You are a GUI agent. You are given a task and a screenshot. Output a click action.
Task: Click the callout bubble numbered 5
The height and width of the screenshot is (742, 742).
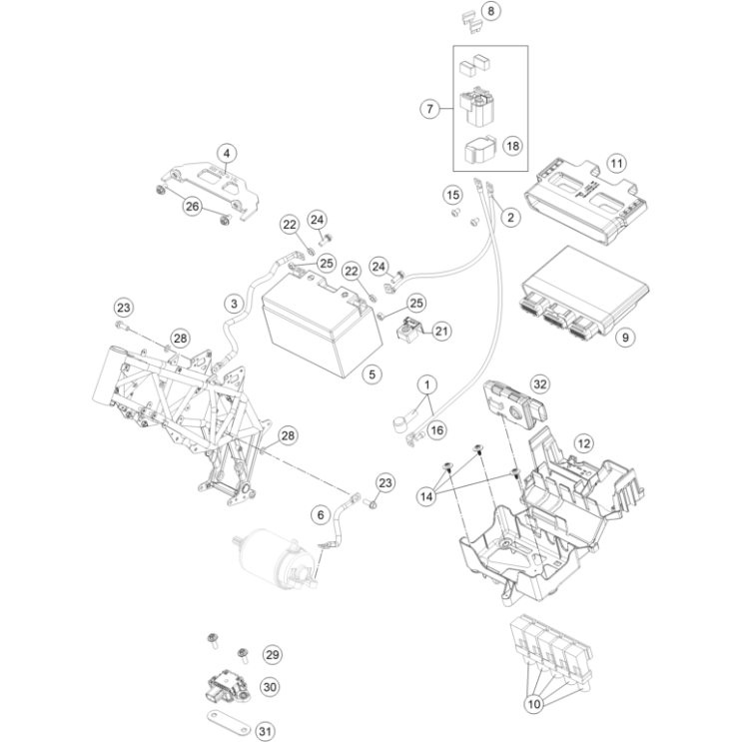click(371, 374)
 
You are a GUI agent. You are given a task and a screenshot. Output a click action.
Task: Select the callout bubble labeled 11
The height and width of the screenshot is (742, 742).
click(616, 163)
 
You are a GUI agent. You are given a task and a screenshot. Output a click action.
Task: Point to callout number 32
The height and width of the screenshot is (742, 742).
click(540, 383)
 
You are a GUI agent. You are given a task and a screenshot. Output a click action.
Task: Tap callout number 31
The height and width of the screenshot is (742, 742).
click(265, 732)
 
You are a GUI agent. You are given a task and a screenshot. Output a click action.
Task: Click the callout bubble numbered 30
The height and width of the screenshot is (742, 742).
click(269, 687)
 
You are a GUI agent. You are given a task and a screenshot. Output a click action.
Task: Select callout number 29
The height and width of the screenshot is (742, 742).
click(271, 654)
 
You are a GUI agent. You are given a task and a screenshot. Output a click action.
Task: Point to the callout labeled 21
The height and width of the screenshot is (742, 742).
click(440, 331)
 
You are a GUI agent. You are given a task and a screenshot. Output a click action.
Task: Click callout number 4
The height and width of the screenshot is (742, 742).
click(228, 153)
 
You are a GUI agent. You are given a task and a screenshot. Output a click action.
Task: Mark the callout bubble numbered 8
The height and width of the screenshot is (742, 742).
click(488, 12)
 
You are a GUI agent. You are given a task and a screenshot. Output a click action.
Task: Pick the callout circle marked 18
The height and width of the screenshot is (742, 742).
click(512, 146)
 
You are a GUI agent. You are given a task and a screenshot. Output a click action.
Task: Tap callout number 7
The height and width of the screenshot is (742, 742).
click(431, 109)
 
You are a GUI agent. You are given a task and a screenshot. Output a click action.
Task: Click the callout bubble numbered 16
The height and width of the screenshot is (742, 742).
click(435, 430)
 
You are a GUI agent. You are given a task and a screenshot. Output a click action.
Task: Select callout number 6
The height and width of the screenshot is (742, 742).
click(320, 515)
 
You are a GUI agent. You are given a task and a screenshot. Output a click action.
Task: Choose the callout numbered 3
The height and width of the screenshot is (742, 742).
click(233, 303)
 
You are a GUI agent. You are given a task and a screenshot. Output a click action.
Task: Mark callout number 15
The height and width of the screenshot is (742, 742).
click(454, 194)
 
